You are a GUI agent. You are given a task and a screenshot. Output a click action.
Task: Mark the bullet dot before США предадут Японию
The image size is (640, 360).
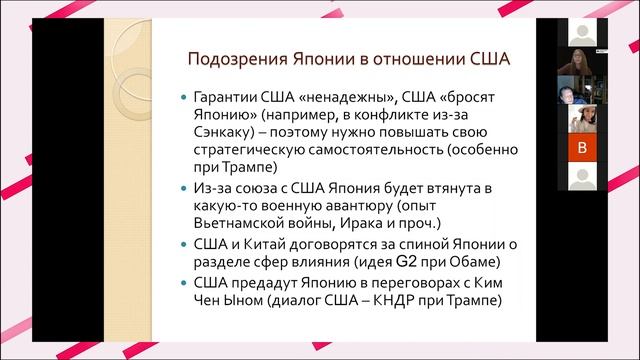coord(177,283)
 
